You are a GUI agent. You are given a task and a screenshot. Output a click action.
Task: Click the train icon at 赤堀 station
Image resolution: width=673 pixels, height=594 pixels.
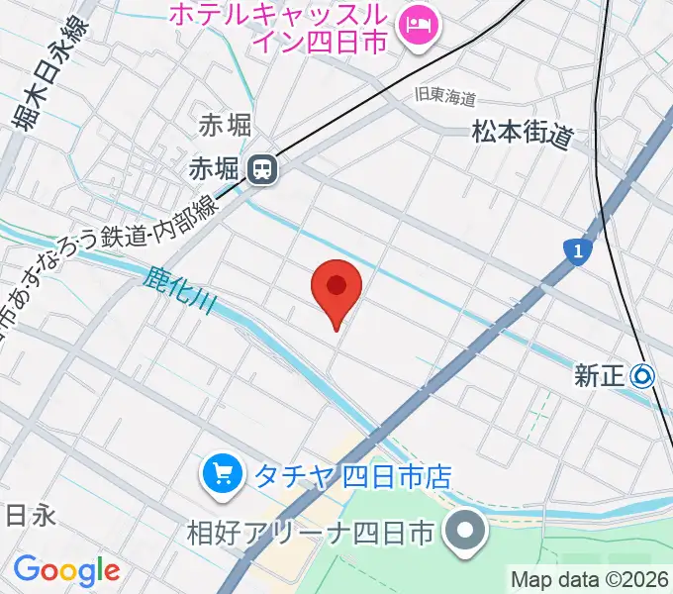click(262, 170)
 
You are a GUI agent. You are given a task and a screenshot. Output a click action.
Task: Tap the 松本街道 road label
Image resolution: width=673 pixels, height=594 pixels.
click(523, 133)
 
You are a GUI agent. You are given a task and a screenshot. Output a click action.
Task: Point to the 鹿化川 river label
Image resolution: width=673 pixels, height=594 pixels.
click(179, 294)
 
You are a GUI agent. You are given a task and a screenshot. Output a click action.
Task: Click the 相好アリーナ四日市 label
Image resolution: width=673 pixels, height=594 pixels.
click(311, 533)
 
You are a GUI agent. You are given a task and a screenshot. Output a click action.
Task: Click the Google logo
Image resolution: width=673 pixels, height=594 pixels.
click(65, 570)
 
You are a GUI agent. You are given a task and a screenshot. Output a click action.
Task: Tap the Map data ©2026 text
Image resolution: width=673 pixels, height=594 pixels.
click(590, 579)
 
